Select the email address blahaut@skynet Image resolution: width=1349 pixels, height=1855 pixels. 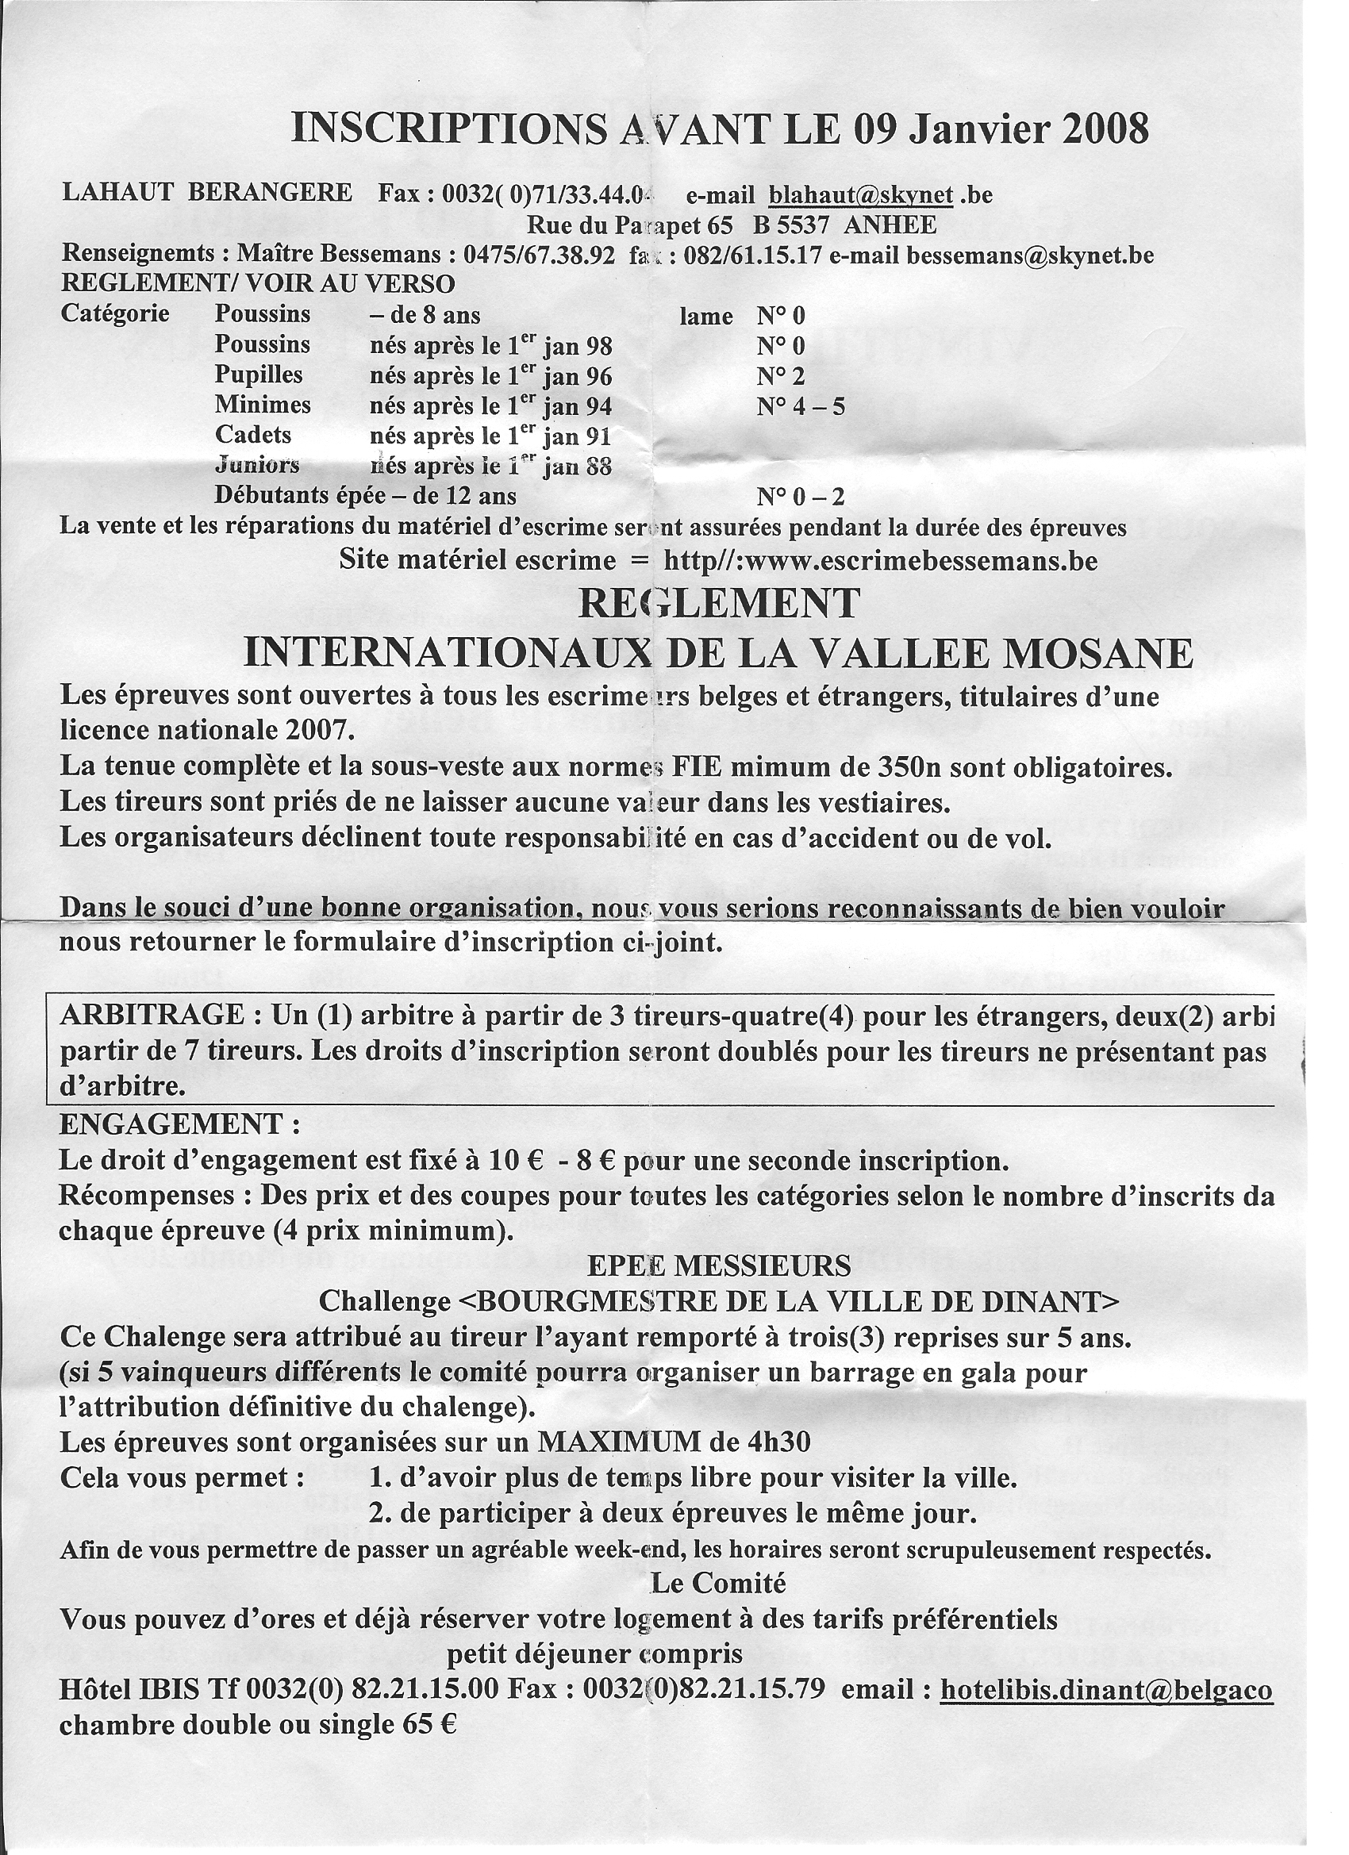pyautogui.click(x=861, y=194)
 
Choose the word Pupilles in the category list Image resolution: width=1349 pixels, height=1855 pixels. pyautogui.click(x=259, y=375)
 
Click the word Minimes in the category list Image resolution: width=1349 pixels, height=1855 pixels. pyautogui.click(x=263, y=405)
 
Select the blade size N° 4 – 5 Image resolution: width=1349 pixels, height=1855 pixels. pyautogui.click(x=800, y=405)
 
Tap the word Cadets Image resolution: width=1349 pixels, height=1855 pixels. pyautogui.click(x=253, y=434)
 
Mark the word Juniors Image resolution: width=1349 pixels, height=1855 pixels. pyautogui.click(x=257, y=466)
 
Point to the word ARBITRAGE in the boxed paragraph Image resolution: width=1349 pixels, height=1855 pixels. pyautogui.click(x=152, y=1015)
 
